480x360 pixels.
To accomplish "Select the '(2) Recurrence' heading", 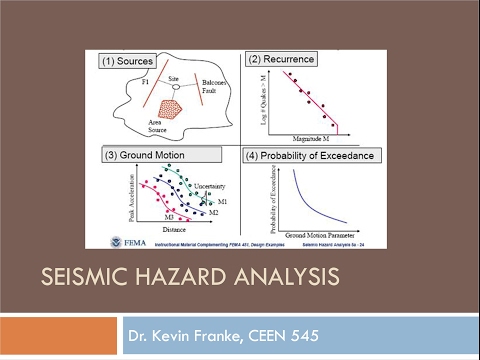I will (281, 59).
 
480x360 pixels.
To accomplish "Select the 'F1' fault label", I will (144, 77).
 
